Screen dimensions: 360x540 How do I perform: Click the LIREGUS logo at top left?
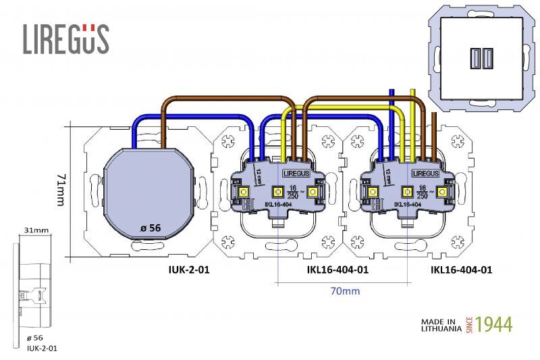click(65, 38)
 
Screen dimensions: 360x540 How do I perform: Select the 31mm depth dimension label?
click(36, 230)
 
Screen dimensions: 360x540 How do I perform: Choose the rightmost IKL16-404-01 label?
click(461, 269)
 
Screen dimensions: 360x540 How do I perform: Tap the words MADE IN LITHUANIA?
click(441, 325)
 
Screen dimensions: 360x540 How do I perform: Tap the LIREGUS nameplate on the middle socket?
click(296, 174)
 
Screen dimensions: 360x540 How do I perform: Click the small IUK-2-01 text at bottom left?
click(41, 349)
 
